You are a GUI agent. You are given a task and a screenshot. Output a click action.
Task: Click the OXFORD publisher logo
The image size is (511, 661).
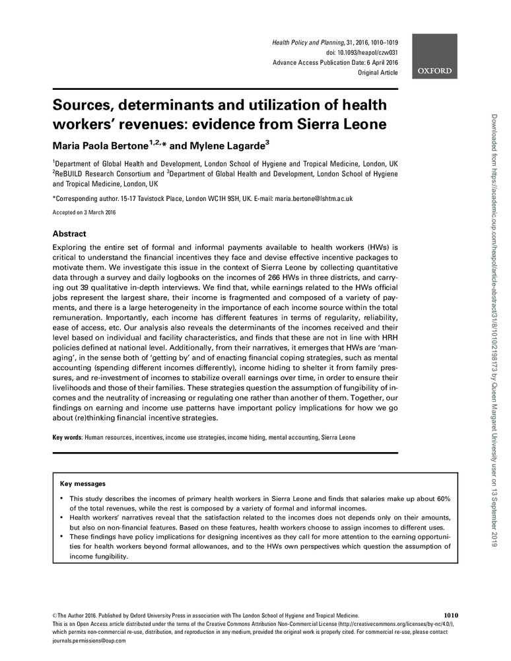[x=434, y=71]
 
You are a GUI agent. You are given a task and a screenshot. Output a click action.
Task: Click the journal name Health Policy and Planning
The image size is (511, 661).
[x=309, y=42]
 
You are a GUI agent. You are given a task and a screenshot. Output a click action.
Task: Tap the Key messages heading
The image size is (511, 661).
[x=83, y=484]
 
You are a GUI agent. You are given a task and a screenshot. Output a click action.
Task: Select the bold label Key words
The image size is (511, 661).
[x=67, y=438]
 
